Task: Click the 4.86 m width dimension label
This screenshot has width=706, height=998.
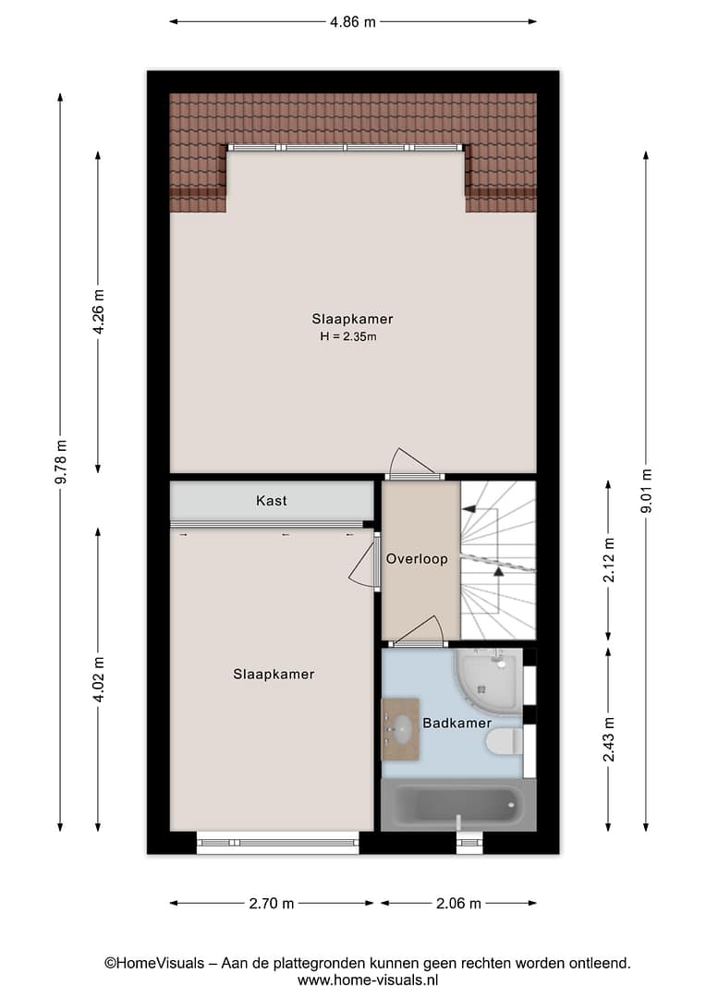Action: [x=353, y=22]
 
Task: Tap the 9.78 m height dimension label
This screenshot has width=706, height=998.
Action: [x=61, y=462]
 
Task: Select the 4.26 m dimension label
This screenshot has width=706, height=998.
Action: [x=99, y=312]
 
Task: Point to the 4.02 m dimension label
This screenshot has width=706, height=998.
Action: [x=99, y=680]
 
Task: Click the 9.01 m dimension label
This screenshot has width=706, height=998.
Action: [x=646, y=491]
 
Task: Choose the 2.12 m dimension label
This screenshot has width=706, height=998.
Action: [x=609, y=560]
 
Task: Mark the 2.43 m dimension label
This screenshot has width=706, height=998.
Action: [x=609, y=739]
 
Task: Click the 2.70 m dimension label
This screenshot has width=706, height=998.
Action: [x=272, y=903]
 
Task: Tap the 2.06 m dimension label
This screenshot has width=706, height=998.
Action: [x=458, y=903]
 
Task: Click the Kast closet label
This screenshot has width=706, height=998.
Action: [x=271, y=501]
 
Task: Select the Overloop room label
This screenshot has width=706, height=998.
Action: [x=417, y=559]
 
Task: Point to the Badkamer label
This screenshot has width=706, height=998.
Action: [x=457, y=723]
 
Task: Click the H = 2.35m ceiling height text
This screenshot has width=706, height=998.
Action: [x=348, y=336]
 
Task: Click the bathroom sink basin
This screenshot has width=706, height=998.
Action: [x=402, y=729]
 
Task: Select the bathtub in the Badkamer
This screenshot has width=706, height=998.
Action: [x=458, y=806]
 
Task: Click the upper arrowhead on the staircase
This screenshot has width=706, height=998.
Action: [x=469, y=509]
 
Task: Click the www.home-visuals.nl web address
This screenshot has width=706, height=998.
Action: [x=368, y=980]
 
